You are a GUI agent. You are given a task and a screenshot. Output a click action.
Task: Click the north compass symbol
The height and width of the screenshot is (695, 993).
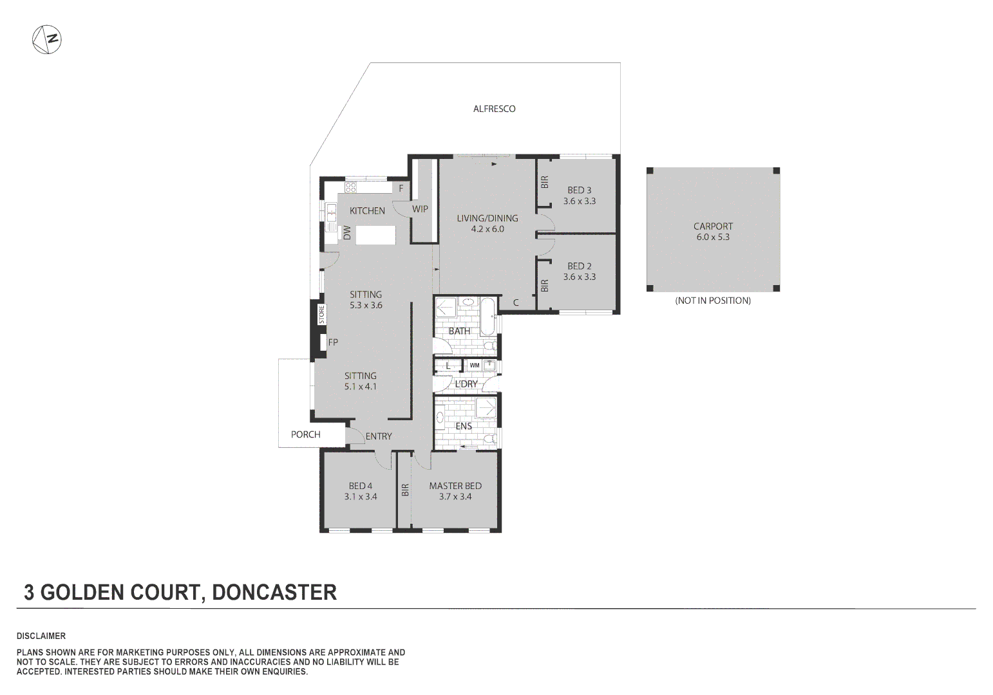pyautogui.click(x=46, y=40)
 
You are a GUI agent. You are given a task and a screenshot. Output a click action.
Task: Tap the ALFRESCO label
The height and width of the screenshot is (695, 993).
pyautogui.click(x=494, y=109)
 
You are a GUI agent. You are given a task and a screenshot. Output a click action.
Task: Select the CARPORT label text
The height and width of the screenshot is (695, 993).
pyautogui.click(x=713, y=226)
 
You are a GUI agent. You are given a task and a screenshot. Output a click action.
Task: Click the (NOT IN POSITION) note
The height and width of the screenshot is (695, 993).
pyautogui.click(x=713, y=301)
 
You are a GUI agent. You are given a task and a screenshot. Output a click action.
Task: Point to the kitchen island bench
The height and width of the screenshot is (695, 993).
pyautogui.click(x=376, y=235)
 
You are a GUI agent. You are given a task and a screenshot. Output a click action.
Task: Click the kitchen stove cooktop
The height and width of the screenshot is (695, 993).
pyautogui.click(x=351, y=188)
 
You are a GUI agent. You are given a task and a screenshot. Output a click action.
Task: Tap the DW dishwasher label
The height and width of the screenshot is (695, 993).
pyautogui.click(x=347, y=233)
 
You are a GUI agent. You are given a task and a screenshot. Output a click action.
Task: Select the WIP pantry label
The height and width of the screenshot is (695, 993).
pyautogui.click(x=420, y=209)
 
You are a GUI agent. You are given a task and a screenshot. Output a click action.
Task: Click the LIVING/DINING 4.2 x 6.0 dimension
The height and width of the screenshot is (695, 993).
pyautogui.click(x=487, y=229)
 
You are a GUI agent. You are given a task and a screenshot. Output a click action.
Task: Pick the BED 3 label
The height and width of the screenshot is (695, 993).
pyautogui.click(x=579, y=190)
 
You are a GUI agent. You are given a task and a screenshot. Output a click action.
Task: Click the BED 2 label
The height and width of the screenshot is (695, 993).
pyautogui.click(x=579, y=266)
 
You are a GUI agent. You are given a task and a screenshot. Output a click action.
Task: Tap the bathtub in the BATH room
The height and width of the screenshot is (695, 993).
pyautogui.click(x=487, y=316)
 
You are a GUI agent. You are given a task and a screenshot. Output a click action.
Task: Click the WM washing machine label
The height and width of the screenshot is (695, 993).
pyautogui.click(x=475, y=366)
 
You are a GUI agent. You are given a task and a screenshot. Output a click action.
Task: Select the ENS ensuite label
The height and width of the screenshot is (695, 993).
pyautogui.click(x=464, y=426)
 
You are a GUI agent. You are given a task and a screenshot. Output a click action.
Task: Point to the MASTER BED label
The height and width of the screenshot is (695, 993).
pyautogui.click(x=455, y=486)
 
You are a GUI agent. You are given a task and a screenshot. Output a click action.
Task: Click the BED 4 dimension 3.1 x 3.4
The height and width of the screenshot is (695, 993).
pyautogui.click(x=361, y=497)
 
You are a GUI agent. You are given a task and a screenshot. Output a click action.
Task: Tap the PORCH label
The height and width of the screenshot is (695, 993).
pyautogui.click(x=305, y=434)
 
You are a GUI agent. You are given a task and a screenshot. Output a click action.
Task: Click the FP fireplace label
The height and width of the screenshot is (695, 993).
pyautogui.click(x=333, y=342)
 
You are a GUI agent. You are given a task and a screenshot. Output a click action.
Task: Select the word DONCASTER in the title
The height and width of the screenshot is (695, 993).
pyautogui.click(x=274, y=592)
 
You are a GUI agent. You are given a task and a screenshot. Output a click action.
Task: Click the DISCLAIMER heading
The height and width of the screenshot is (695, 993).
pyautogui.click(x=41, y=636)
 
